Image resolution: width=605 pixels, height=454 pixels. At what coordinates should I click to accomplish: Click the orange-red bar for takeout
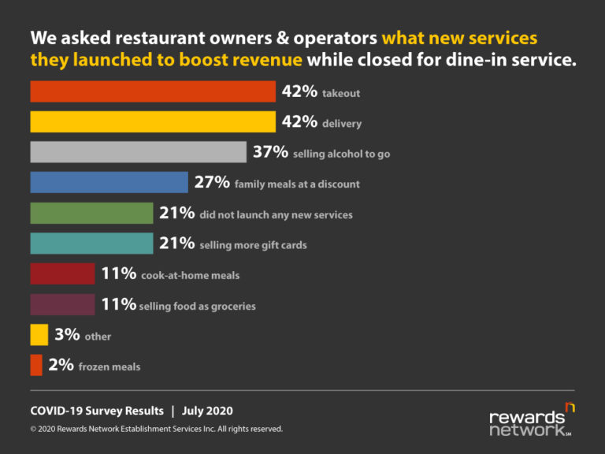click(153, 92)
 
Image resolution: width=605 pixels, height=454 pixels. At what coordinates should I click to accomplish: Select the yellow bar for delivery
click(153, 122)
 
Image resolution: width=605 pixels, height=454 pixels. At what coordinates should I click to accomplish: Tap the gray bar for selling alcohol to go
click(138, 152)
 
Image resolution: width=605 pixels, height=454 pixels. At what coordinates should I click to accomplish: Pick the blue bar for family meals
click(109, 183)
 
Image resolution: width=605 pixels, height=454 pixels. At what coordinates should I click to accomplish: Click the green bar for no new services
click(91, 214)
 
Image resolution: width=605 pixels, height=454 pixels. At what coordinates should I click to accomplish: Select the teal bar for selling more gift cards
click(91, 244)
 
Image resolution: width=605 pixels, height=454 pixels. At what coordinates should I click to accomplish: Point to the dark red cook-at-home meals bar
click(62, 274)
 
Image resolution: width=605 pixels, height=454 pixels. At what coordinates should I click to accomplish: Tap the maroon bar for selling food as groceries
click(62, 304)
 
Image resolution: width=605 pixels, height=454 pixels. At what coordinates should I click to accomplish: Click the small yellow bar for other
click(39, 335)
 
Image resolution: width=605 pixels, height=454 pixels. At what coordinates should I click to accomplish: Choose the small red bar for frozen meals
click(36, 366)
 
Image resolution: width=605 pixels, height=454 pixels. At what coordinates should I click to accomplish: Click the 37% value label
click(270, 152)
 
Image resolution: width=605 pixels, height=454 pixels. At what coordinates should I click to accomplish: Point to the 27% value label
click(212, 183)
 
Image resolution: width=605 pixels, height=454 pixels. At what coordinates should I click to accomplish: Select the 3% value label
click(67, 335)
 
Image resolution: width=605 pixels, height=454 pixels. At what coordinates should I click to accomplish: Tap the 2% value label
click(61, 366)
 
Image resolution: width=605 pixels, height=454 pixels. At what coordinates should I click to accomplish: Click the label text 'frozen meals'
click(109, 367)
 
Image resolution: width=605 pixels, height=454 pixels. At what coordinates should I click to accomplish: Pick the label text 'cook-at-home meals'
click(190, 276)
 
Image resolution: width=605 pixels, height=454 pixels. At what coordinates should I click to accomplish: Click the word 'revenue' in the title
click(265, 60)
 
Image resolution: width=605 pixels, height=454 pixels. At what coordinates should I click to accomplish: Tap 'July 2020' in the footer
click(207, 411)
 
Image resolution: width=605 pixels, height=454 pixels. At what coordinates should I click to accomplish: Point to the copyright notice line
click(156, 430)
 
